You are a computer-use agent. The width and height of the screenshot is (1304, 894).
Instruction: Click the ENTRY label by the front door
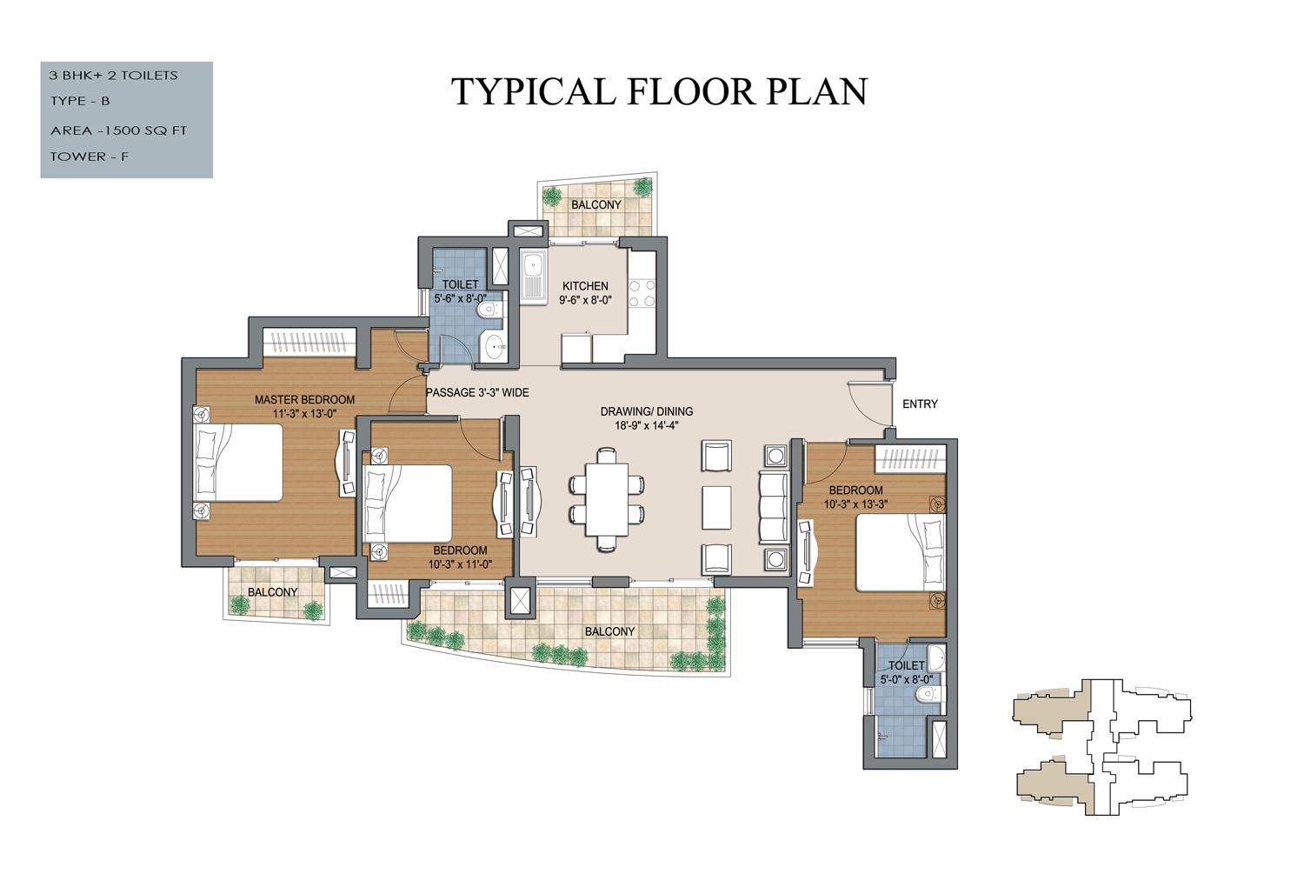coord(920,404)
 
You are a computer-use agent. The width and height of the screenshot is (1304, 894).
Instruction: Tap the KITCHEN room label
coord(585,286)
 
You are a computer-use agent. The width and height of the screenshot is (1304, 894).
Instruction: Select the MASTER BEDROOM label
coord(304,399)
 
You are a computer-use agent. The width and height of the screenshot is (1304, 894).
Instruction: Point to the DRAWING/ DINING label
coord(647,411)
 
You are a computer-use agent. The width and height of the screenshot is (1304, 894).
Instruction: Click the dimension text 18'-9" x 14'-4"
coord(647,425)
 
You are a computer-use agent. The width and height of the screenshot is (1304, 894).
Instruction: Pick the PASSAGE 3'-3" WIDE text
coord(477,392)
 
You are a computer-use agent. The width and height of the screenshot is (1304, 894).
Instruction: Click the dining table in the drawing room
coord(607,499)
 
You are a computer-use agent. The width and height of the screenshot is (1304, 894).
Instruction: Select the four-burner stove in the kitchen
coord(642,293)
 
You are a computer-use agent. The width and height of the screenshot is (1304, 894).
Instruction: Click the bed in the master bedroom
coord(239,463)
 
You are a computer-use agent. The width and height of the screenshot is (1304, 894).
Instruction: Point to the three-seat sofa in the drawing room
coord(774,508)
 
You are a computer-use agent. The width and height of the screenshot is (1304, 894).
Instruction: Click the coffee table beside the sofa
coord(716,508)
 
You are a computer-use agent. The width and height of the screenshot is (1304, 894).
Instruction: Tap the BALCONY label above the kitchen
coord(596,204)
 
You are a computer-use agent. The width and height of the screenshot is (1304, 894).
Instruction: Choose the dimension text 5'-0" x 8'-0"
coord(907,679)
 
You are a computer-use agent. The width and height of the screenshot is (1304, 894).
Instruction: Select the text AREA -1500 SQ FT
coord(119,130)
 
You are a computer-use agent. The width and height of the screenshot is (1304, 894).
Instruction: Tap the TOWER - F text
coord(89,157)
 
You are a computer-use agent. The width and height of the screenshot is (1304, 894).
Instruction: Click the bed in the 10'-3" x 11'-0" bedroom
coord(408,504)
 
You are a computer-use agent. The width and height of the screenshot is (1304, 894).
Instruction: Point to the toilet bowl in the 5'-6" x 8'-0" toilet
coord(488,309)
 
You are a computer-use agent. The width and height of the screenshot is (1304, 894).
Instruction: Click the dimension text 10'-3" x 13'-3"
coord(855,504)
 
